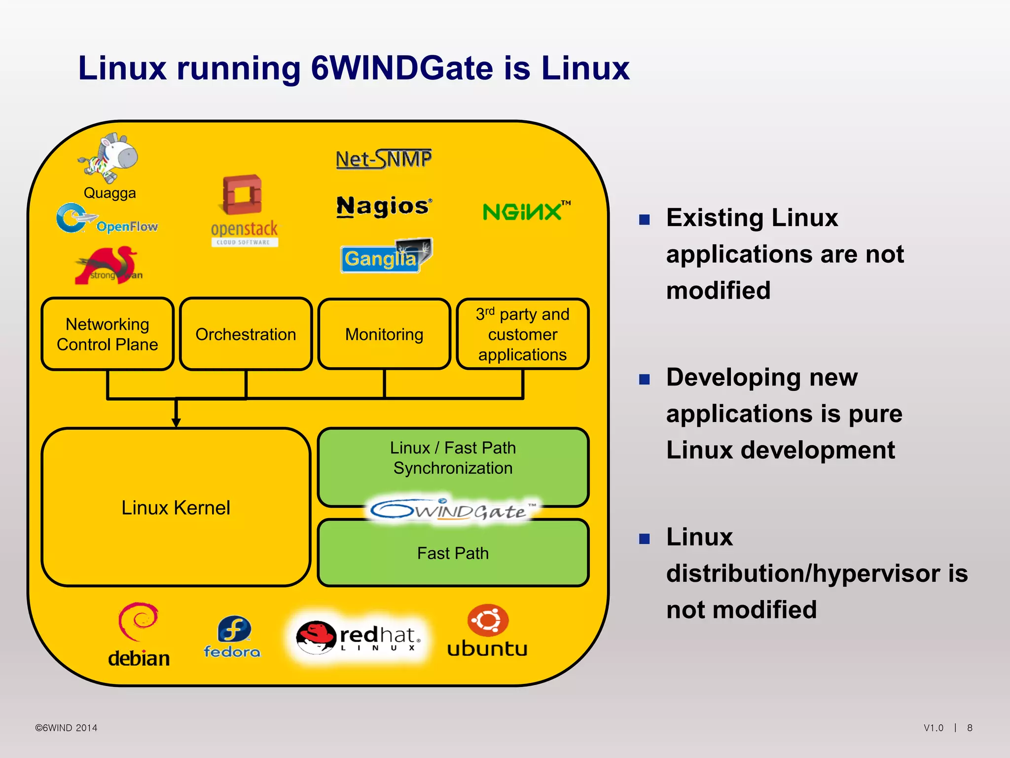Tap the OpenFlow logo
point(107,219)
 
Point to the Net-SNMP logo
point(384,159)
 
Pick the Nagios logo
point(384,206)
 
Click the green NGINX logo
point(526,211)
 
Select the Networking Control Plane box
point(108,334)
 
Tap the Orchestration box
point(246,334)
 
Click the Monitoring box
point(384,334)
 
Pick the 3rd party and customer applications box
point(522,334)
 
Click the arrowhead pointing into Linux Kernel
point(176,422)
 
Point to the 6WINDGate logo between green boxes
point(453,511)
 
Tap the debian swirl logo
point(138,621)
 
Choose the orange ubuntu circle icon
point(488,620)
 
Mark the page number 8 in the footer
point(970,728)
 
